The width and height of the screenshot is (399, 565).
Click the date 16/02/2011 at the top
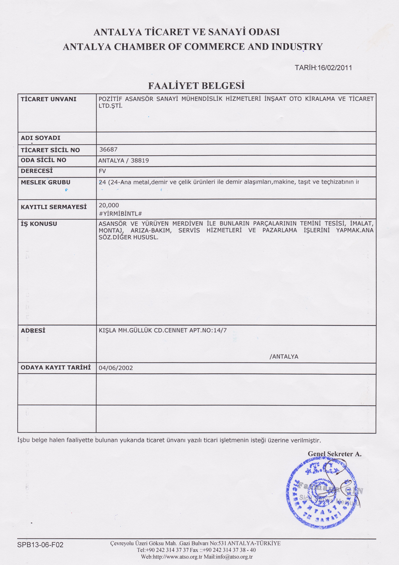(x=335, y=68)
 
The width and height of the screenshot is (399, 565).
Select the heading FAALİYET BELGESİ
(x=196, y=86)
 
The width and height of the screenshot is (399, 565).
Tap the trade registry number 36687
(x=108, y=149)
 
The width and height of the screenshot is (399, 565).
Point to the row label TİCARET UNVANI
(x=49, y=99)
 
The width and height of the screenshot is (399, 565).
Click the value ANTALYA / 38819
(x=124, y=160)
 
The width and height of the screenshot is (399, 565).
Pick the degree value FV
(x=102, y=171)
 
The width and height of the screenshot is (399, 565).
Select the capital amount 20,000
(x=109, y=205)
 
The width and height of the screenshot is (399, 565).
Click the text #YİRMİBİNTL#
(x=120, y=214)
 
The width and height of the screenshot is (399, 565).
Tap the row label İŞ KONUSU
(x=39, y=224)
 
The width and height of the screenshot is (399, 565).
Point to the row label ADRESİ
(x=33, y=331)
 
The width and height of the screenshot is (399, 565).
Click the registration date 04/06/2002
(x=116, y=368)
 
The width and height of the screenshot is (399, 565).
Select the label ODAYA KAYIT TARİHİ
(x=56, y=368)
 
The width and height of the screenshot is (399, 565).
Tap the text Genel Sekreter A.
(x=335, y=454)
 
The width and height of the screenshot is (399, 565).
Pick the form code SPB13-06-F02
(x=40, y=545)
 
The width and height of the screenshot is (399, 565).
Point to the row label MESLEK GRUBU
(x=46, y=182)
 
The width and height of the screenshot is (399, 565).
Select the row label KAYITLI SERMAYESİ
(x=53, y=207)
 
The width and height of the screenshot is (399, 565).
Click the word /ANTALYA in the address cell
(x=284, y=356)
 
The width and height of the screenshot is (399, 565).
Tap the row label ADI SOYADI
(x=41, y=138)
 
